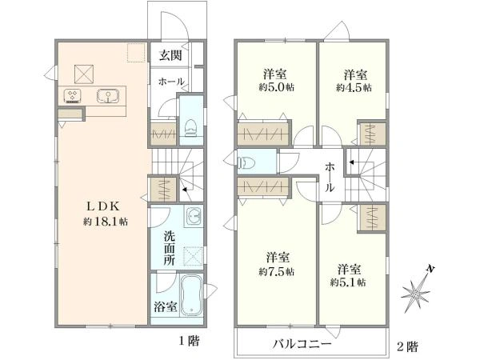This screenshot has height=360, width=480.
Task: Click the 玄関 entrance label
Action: [169, 55]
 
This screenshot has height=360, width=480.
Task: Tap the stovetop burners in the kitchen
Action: [72, 97]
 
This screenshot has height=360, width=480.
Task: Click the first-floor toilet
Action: [190, 126]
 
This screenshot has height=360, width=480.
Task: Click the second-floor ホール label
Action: [330, 176]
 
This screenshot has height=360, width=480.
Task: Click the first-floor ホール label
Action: [171, 82]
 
